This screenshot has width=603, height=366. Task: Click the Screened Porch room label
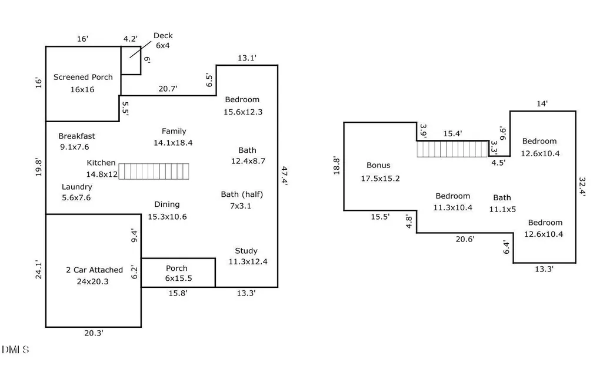[x=83, y=83]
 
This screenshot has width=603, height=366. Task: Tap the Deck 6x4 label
[x=163, y=41]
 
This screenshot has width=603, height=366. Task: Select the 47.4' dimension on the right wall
[x=284, y=176]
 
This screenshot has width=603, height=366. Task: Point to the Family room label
[x=173, y=137]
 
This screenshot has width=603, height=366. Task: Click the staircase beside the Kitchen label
[x=154, y=172]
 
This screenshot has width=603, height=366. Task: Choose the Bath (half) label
[x=242, y=200]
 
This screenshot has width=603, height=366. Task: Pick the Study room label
[x=248, y=256]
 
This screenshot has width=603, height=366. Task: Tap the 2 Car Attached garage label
[x=94, y=276]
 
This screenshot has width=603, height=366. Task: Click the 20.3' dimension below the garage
[x=94, y=333]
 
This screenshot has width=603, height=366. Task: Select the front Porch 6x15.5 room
[x=178, y=273]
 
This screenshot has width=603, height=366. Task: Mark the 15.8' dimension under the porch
[x=178, y=293]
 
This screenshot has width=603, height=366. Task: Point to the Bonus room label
[x=380, y=172]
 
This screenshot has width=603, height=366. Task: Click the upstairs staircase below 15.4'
[x=452, y=149]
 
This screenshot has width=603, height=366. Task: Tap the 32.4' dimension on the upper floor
[x=582, y=187]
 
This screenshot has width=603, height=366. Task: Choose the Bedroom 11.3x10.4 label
[x=452, y=202]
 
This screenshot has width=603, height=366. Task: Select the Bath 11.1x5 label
[x=502, y=203]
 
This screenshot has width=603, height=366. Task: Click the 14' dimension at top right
[x=542, y=104]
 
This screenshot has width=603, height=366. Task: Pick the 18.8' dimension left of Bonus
[x=337, y=166]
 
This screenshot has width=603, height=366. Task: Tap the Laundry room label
[x=76, y=192]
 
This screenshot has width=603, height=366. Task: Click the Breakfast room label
[x=76, y=142]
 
